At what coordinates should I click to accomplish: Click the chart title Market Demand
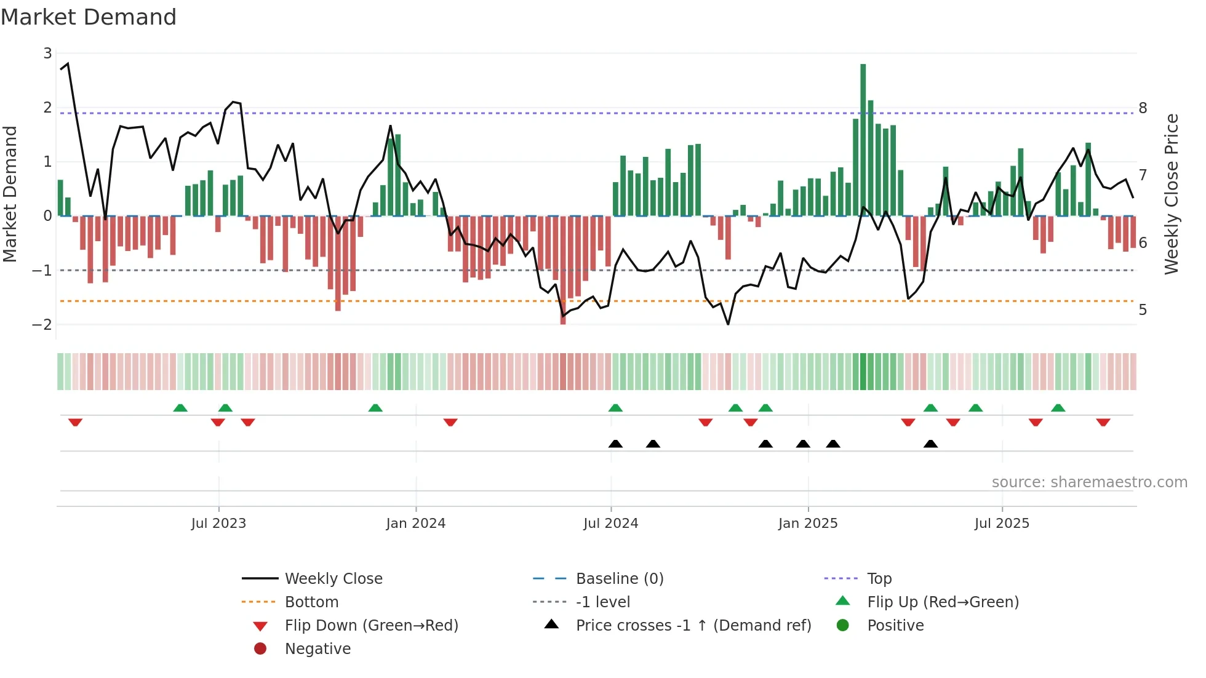click(x=89, y=17)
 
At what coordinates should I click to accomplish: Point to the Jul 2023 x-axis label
click(x=218, y=524)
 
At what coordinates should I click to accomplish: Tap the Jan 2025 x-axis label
click(x=807, y=524)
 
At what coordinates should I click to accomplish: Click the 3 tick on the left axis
click(x=47, y=54)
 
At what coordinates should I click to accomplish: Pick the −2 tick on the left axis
click(x=42, y=324)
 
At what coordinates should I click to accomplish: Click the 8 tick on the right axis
click(x=1143, y=108)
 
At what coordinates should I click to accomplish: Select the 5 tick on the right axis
click(x=1143, y=310)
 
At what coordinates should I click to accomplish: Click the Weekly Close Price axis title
click(x=1172, y=194)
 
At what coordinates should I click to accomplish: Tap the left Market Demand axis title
click(x=10, y=194)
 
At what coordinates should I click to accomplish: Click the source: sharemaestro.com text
click(x=1089, y=482)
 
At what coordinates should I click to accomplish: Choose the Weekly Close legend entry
click(x=333, y=579)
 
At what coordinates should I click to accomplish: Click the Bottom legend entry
click(x=311, y=602)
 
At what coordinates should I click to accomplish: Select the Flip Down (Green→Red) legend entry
click(x=371, y=626)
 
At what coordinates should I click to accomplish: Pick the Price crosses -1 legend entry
click(x=693, y=626)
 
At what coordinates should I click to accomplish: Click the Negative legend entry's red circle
click(x=260, y=649)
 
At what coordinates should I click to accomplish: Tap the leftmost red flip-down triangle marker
click(x=75, y=422)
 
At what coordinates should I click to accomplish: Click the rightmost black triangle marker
click(x=930, y=444)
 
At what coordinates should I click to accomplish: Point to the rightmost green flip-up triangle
click(x=1058, y=408)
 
